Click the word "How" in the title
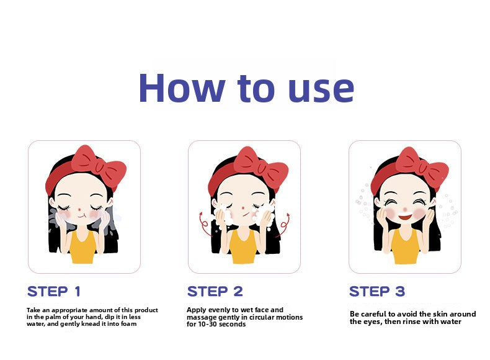coord(182,88)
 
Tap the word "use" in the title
coord(321,91)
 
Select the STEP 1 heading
coord(54,292)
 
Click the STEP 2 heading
coord(215,292)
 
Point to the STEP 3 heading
coord(377,292)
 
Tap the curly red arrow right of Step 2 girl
coord(284,225)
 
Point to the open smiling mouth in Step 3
coord(406,217)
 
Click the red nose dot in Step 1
coord(79,209)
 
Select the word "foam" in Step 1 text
coord(129,324)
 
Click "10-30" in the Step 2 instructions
coord(208,324)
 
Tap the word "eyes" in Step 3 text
coord(371,322)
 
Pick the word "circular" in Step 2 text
coord(262,317)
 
